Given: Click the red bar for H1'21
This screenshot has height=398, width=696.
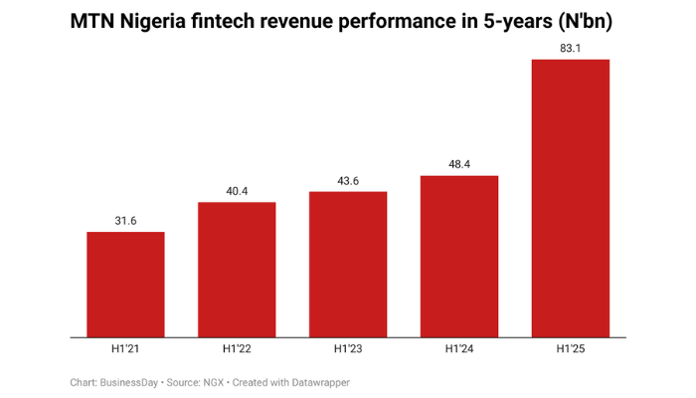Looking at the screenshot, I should [x=125, y=285].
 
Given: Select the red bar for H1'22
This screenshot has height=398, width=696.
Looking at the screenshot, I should [x=237, y=270].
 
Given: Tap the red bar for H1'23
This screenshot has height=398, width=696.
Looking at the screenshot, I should [x=348, y=264].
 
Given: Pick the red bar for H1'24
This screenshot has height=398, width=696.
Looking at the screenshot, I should [x=459, y=256].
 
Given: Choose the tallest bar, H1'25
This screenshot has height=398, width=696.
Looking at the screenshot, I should [x=571, y=198].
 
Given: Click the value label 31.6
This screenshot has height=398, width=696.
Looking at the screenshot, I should [x=125, y=221].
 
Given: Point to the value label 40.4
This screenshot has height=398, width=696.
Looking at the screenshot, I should [x=237, y=191].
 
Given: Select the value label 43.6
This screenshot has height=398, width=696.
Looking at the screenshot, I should [x=348, y=180].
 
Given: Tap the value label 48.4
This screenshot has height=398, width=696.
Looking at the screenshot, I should [x=459, y=164].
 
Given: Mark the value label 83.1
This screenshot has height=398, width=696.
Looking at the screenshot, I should [x=571, y=48].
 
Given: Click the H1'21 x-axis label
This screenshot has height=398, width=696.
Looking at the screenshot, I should [x=125, y=349].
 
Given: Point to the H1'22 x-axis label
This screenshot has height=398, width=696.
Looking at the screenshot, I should [x=237, y=349].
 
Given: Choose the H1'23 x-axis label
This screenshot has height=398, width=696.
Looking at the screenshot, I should [x=348, y=349].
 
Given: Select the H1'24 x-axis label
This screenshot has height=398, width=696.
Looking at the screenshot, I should [x=459, y=349].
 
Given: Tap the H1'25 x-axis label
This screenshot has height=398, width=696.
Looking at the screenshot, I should [x=571, y=349].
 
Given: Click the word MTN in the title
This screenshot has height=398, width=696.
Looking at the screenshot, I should [x=94, y=22].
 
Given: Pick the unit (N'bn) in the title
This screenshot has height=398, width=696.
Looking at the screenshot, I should [x=583, y=22].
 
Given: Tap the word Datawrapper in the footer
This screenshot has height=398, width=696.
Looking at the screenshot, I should [x=317, y=382].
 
